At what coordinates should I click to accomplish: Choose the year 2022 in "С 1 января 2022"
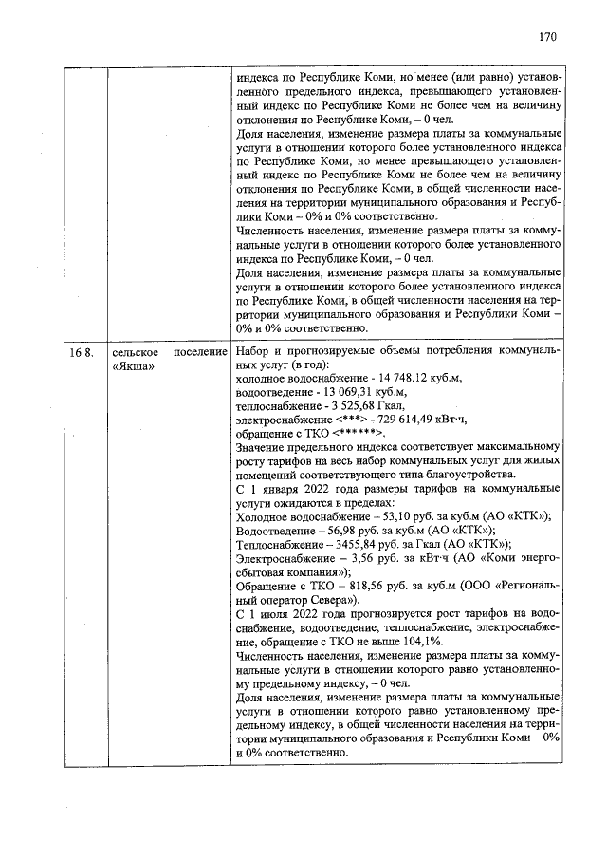(x=320, y=488)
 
